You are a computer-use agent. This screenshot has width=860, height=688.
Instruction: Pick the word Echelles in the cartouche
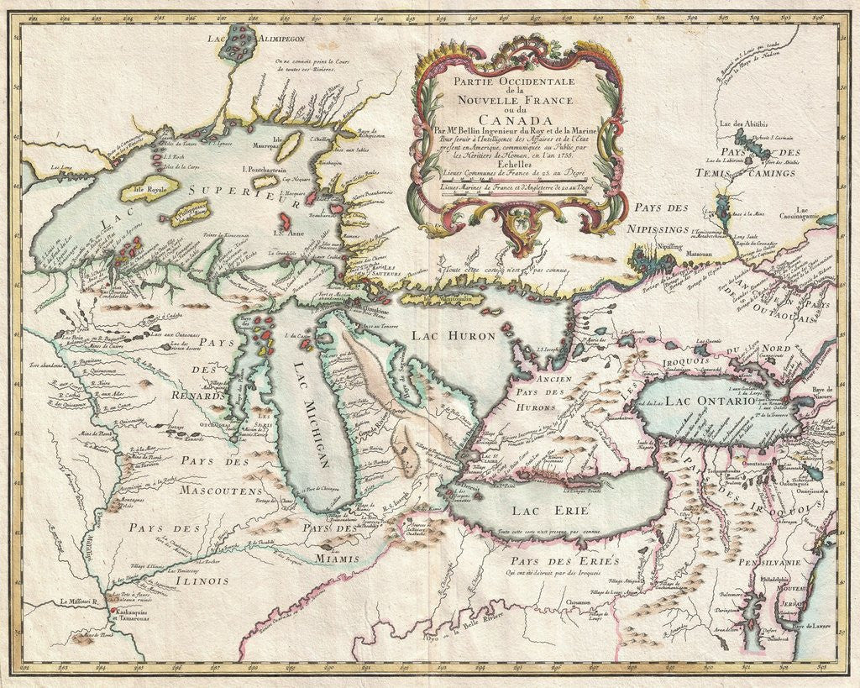pyautogui.click(x=513, y=165)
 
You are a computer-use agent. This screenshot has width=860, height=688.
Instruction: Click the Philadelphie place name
pyautogui.click(x=777, y=580)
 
